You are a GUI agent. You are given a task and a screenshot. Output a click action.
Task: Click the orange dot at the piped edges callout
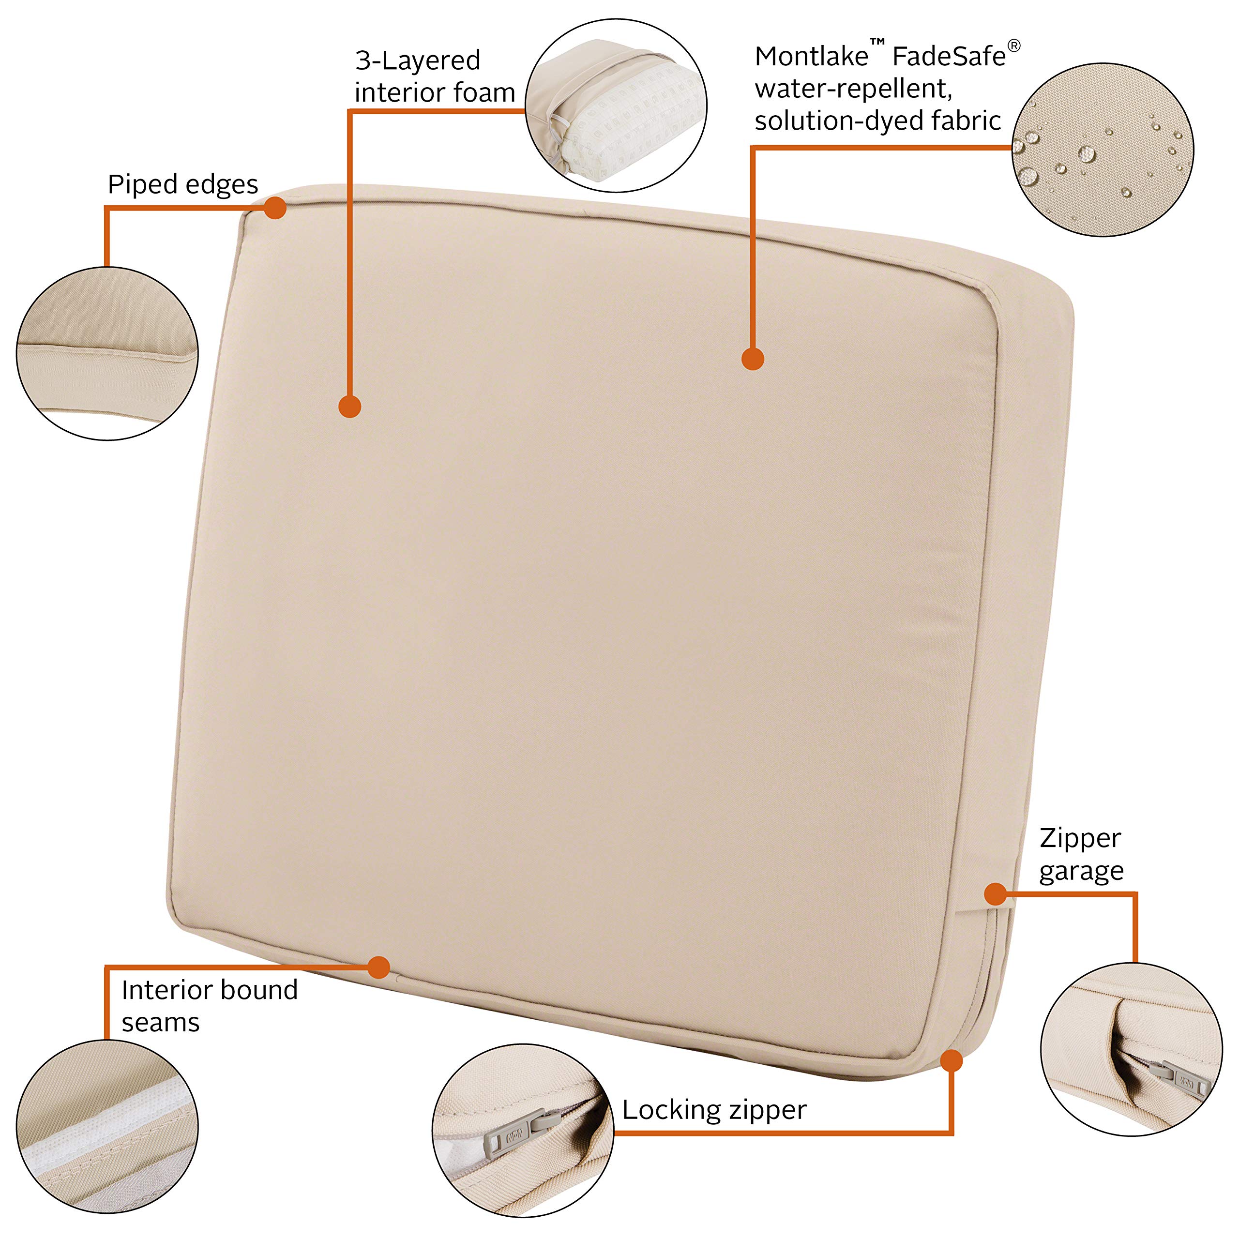(x=275, y=208)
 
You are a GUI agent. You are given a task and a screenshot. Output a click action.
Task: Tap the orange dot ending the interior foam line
(x=349, y=406)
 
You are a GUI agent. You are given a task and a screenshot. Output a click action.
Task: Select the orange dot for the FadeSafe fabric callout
(x=753, y=359)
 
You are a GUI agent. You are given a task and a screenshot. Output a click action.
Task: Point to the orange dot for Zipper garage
(x=995, y=894)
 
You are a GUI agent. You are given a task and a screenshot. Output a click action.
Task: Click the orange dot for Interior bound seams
(x=379, y=967)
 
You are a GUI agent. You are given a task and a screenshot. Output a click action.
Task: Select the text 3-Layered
(x=418, y=60)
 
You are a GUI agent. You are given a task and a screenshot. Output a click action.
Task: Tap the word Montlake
(x=811, y=57)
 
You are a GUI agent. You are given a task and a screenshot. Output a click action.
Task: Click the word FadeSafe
(x=949, y=57)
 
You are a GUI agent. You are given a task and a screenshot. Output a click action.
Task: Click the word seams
(x=160, y=1022)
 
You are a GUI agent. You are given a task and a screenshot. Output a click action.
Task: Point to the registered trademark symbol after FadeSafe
(x=1014, y=46)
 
